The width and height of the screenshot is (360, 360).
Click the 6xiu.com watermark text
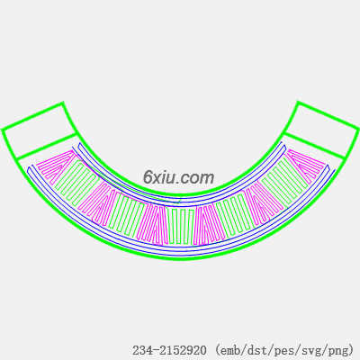(178, 177)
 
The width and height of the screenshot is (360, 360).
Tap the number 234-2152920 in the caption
(169, 350)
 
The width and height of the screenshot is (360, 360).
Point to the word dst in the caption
(254, 350)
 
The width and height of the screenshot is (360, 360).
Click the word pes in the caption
(279, 350)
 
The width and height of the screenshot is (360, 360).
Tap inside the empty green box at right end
(320, 130)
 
